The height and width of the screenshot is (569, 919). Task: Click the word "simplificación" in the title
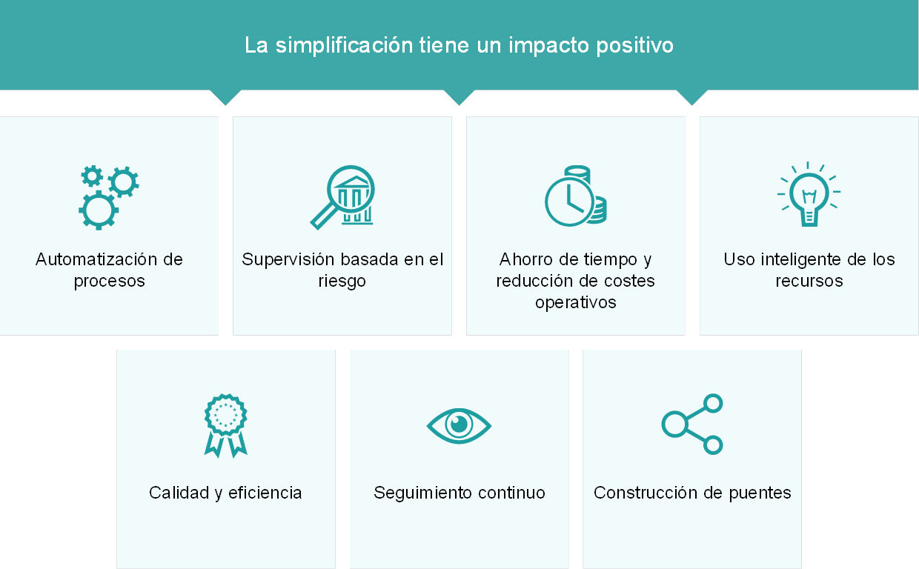pyautogui.click(x=344, y=46)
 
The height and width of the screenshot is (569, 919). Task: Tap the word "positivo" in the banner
pyautogui.click(x=634, y=46)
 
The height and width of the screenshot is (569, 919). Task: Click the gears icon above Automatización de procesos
pyautogui.click(x=109, y=197)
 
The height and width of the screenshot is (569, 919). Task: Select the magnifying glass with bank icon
pyautogui.click(x=342, y=197)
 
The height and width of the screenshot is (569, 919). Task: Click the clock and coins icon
pyautogui.click(x=576, y=196)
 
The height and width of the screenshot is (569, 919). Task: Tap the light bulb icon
pyautogui.click(x=809, y=194)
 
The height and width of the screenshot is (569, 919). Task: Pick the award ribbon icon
pyautogui.click(x=225, y=426)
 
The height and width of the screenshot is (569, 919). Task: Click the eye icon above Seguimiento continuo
pyautogui.click(x=459, y=426)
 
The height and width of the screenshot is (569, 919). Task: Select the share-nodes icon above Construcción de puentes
pyautogui.click(x=692, y=425)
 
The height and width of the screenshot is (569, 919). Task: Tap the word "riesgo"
pyautogui.click(x=342, y=282)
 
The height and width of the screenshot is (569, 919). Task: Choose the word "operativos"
pyautogui.click(x=576, y=303)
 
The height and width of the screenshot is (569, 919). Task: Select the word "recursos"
pyautogui.click(x=809, y=281)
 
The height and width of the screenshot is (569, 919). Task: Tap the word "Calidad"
pyautogui.click(x=179, y=493)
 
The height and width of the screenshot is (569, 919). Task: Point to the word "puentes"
pyautogui.click(x=760, y=493)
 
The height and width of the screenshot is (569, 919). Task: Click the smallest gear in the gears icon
pyautogui.click(x=92, y=176)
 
